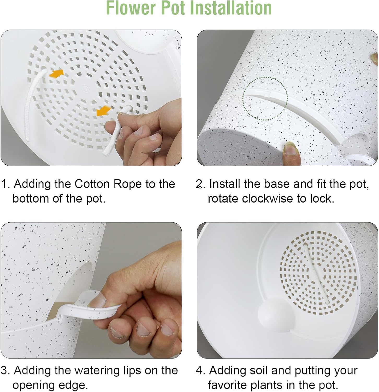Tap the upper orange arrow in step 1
point(56,73)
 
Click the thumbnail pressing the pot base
point(289,148)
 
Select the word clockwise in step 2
point(267,199)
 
